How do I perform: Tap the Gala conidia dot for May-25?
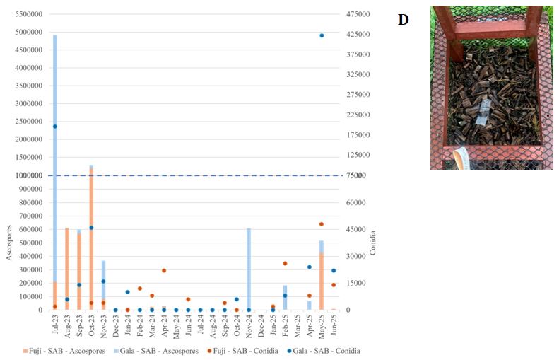(322, 35)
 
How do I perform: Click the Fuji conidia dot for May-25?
(321, 224)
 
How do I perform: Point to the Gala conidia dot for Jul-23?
(54, 127)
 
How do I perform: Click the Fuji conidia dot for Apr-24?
(164, 270)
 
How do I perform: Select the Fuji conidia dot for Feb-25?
(285, 263)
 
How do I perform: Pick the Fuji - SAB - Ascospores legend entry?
(68, 351)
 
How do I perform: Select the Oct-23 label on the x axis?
(91, 325)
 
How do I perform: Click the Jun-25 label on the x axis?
(334, 325)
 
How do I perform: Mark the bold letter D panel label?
(404, 20)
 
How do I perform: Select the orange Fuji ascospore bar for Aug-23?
(66, 269)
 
